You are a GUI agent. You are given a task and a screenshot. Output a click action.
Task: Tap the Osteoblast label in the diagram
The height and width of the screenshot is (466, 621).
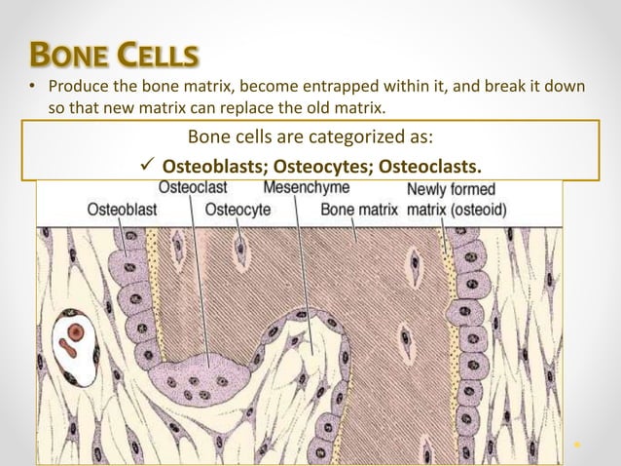[122, 209]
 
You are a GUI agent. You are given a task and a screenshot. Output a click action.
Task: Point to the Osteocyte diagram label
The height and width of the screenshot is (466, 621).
[237, 209]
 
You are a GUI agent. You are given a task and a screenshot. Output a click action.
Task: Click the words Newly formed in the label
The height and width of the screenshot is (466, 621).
[451, 188]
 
